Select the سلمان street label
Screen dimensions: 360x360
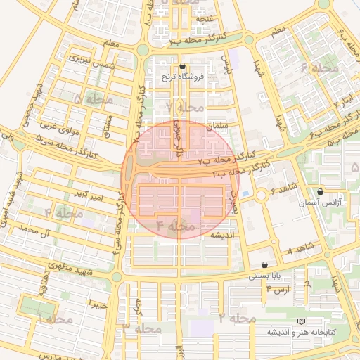click(x=219, y=125)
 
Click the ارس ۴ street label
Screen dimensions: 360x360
click(x=279, y=290)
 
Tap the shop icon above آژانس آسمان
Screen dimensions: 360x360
click(x=321, y=191)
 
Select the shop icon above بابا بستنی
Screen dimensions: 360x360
click(x=264, y=265)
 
